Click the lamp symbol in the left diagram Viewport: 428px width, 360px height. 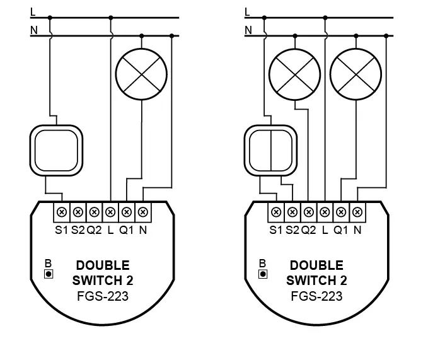pos(142,74)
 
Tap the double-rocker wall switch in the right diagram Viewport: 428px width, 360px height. pos(270,149)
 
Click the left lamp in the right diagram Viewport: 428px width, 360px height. pos(294,74)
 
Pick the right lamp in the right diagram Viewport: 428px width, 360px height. pos(356,74)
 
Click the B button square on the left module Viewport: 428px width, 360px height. pos(48,274)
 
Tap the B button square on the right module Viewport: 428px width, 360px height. pos(262,274)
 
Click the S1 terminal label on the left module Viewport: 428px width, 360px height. pos(61,230)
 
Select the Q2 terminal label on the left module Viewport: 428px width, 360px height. pos(94,230)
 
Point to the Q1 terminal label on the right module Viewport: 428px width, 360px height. pos(341,230)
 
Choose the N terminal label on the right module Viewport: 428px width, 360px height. pos(357,230)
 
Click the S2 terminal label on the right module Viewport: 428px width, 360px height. pos(292,230)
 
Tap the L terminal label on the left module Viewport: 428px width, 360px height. pos(110,230)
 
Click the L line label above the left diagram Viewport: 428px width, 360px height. pos(33,11)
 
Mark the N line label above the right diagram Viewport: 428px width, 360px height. pos(248,30)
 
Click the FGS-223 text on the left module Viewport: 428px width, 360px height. pos(103,296)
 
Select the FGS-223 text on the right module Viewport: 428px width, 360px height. pos(316,296)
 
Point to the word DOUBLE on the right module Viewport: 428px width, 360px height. pos(316,265)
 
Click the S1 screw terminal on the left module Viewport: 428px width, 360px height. pos(62,212)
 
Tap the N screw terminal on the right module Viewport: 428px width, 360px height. pos(357,212)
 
